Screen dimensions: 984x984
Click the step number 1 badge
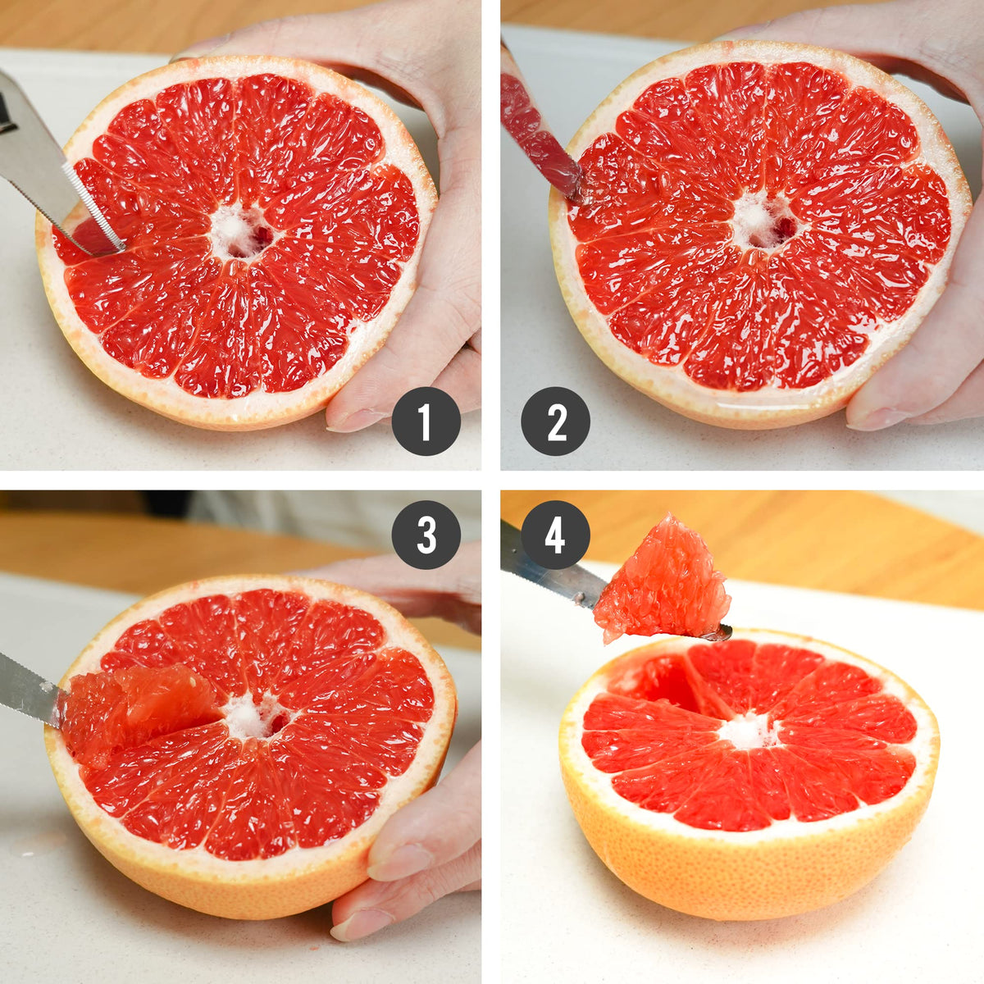pyautogui.click(x=426, y=421)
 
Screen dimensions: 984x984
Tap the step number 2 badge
pyautogui.click(x=556, y=421)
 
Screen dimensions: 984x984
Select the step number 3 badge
pyautogui.click(x=426, y=535)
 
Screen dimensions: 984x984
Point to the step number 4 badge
pyautogui.click(x=556, y=535)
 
